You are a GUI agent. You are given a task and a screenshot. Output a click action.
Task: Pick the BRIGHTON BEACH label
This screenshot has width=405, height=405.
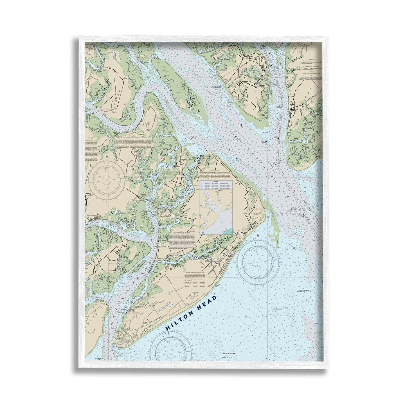pyautogui.click(x=93, y=215)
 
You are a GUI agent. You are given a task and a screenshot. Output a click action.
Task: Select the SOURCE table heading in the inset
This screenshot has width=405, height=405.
pyautogui.click(x=216, y=182)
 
